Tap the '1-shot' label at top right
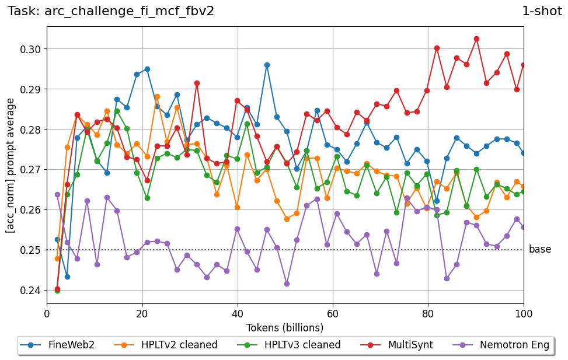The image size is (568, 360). click(x=542, y=11)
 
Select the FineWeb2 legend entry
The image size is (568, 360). click(x=57, y=345)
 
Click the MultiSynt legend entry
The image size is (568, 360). click(x=403, y=345)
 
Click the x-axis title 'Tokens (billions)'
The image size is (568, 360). click(x=285, y=327)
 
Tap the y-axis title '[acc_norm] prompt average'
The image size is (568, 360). click(x=11, y=165)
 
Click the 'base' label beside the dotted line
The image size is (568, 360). click(x=540, y=250)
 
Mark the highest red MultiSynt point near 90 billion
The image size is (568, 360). click(x=476, y=39)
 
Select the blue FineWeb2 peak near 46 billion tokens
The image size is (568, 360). click(x=267, y=65)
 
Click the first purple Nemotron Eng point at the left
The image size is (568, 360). click(x=57, y=194)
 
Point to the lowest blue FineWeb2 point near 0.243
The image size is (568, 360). click(x=67, y=277)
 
